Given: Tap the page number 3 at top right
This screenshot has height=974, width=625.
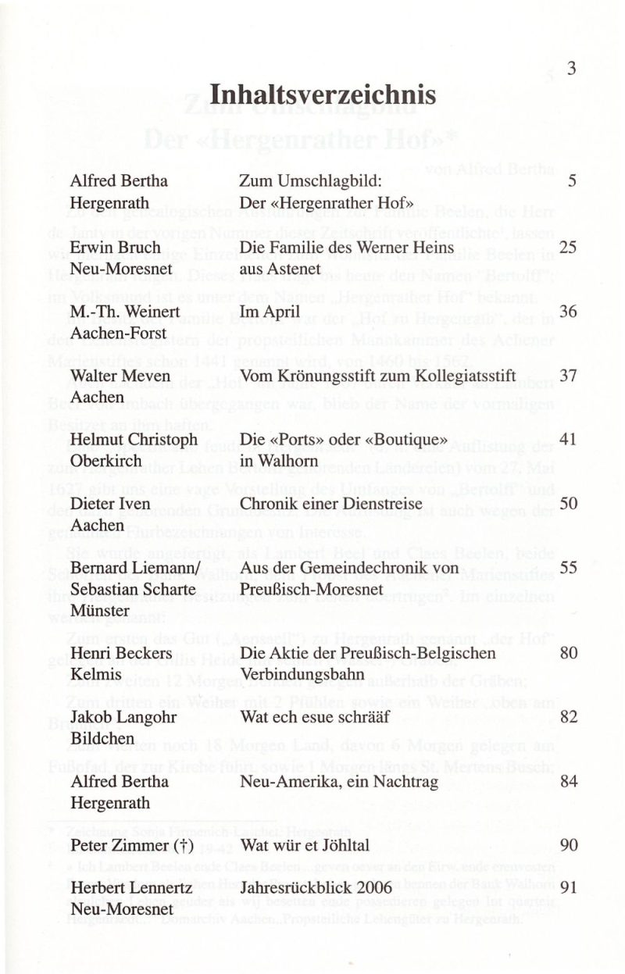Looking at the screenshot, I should (x=571, y=69).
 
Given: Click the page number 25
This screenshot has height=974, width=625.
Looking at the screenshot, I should (x=568, y=248).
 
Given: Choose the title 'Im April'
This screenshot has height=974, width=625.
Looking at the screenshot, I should (x=270, y=312).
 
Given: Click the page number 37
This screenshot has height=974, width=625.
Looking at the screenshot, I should (x=568, y=376).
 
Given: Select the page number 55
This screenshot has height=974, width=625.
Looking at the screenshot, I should (x=568, y=568).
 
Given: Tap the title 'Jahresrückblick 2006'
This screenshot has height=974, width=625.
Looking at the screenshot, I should (x=316, y=888).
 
